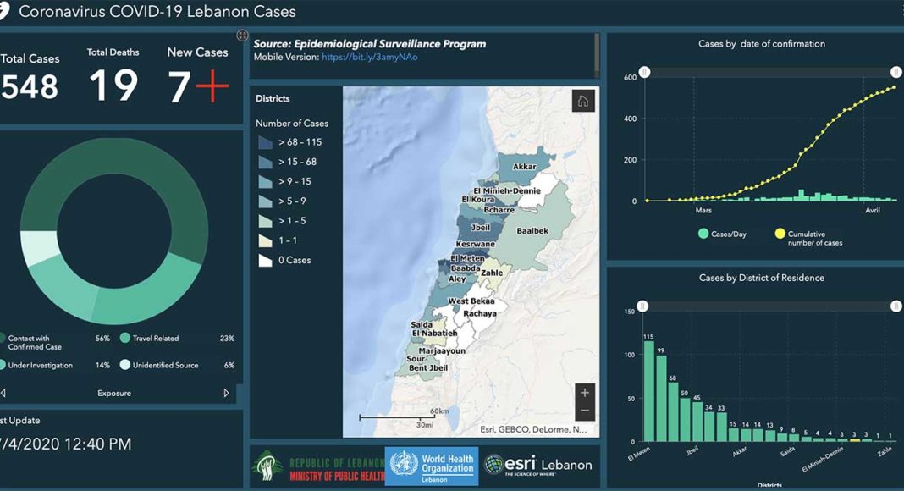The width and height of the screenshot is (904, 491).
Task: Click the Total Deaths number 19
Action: [113, 86]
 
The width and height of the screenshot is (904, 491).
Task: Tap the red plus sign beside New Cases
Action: [211, 86]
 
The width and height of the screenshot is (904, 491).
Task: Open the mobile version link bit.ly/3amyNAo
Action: [369, 58]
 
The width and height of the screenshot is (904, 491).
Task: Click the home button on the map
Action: [583, 101]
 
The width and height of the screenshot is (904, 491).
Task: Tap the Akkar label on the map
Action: [525, 167]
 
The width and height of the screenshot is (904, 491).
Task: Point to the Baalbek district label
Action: [532, 230]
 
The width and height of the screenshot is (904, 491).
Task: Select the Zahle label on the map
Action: [492, 273]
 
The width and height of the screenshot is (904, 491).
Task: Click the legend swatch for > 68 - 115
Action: [267, 142]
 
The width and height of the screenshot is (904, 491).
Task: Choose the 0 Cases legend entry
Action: [285, 260]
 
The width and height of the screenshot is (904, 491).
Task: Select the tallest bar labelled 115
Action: [649, 390]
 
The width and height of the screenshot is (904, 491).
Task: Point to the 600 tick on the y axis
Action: [630, 78]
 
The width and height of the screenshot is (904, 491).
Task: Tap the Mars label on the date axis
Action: [703, 210]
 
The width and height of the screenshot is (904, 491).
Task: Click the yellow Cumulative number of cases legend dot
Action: [780, 234]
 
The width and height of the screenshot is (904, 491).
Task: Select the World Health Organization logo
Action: [430, 465]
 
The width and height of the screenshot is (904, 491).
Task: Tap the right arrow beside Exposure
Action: [226, 393]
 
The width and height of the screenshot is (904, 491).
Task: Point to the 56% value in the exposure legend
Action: [102, 338]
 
